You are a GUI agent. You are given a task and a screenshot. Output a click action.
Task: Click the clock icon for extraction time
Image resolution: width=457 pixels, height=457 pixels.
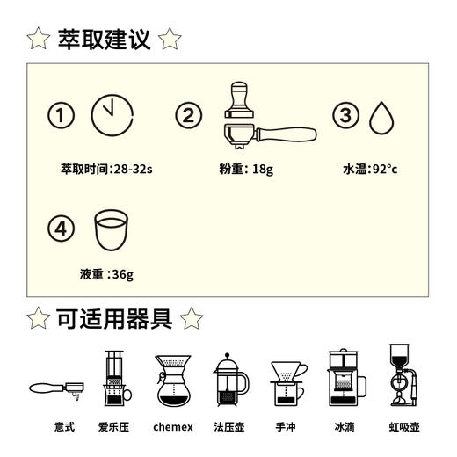[x=112, y=116]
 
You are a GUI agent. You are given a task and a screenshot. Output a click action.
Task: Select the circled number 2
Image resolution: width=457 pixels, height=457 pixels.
[x=189, y=116]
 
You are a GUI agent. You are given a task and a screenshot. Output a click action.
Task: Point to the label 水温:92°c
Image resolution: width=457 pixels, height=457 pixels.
[x=369, y=168]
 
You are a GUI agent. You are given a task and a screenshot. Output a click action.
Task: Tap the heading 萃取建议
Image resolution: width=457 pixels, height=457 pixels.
[x=104, y=39]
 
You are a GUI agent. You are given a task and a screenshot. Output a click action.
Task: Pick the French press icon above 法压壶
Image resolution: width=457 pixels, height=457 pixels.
[x=231, y=381]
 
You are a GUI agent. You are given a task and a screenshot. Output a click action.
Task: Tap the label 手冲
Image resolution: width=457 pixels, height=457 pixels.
[x=286, y=428]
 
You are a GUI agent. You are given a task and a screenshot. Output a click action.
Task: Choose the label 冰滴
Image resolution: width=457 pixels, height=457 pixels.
[x=345, y=428]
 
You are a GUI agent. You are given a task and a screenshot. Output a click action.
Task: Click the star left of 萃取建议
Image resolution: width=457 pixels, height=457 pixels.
[x=38, y=39]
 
